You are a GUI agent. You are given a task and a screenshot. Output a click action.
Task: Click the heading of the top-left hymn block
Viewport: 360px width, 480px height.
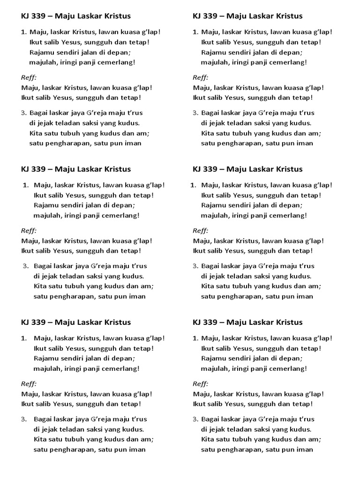pyautogui.click(x=76, y=16)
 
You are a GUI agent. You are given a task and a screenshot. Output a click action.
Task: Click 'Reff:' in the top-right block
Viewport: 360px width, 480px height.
pyautogui.click(x=201, y=77)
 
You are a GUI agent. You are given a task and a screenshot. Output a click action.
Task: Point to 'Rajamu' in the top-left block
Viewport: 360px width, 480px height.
pyautogui.click(x=40, y=52)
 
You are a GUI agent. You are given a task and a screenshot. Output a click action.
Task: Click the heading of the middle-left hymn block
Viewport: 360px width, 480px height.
pyautogui.click(x=76, y=169)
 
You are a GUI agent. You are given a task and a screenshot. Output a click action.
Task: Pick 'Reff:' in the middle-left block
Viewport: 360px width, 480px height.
pyautogui.click(x=29, y=231)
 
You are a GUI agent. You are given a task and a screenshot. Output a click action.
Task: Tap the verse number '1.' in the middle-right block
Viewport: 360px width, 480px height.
pyautogui.click(x=193, y=185)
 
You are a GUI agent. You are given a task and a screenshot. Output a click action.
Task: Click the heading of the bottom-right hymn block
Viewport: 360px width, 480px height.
pyautogui.click(x=247, y=322)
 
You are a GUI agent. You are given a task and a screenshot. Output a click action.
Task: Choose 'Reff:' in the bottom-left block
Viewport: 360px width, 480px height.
pyautogui.click(x=29, y=384)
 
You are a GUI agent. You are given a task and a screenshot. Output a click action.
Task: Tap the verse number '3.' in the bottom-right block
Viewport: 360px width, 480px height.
pyautogui.click(x=195, y=420)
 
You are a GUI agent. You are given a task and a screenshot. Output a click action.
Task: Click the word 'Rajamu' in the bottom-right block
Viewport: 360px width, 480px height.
pyautogui.click(x=212, y=359)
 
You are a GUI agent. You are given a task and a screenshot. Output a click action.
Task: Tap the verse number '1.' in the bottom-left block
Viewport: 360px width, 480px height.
pyautogui.click(x=24, y=338)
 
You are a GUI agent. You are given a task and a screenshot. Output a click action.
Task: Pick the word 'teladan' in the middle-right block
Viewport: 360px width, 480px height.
pyautogui.click(x=242, y=276)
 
